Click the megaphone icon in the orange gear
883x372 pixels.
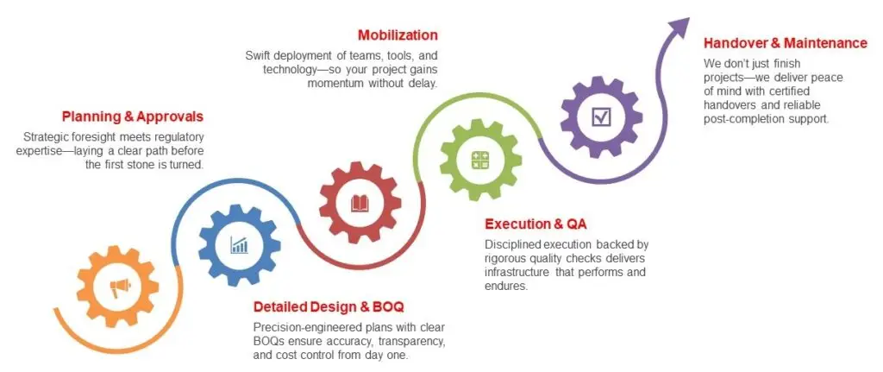point(120,288)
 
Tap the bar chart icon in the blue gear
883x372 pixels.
point(240,245)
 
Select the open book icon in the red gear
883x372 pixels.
point(360,203)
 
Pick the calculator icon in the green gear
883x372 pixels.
point(480,160)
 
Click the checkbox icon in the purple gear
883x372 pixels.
point(601,117)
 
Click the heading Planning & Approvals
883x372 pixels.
point(133,117)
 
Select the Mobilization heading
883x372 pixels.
point(398,35)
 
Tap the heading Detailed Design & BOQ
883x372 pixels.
point(329,307)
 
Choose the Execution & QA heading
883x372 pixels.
point(535,224)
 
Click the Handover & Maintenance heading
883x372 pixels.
point(786,43)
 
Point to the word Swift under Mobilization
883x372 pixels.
point(258,56)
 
